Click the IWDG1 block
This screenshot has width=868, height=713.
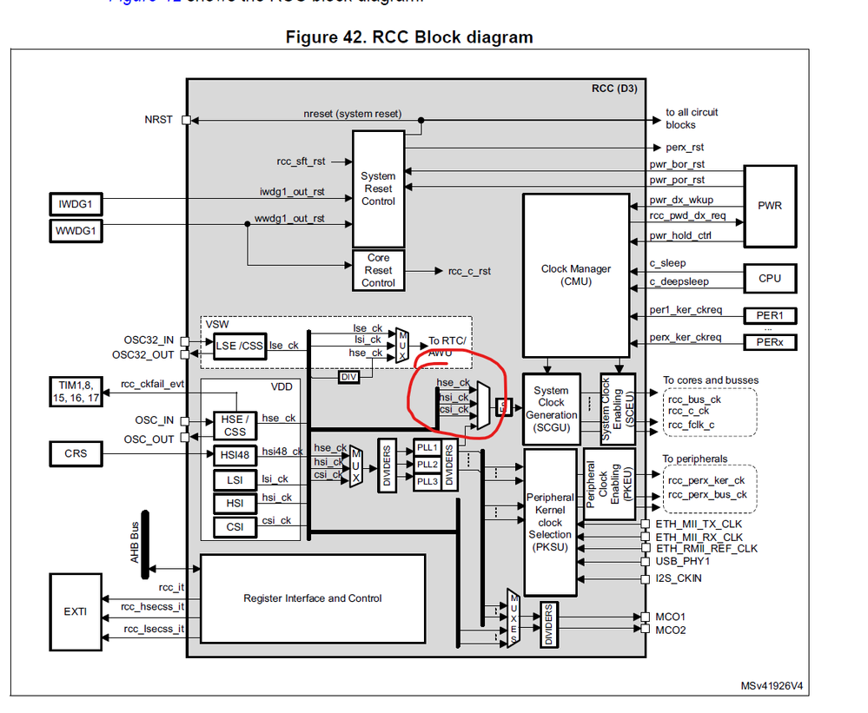(x=76, y=205)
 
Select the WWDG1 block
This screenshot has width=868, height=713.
(x=76, y=231)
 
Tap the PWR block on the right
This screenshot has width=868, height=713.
(x=769, y=206)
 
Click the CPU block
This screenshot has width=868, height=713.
(x=769, y=278)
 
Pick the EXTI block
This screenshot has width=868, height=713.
(x=76, y=611)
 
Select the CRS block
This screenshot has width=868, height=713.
(x=76, y=453)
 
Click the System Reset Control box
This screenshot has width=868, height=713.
(x=378, y=188)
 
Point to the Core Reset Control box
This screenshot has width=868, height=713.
(x=378, y=270)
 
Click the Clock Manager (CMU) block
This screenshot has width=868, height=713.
(x=575, y=274)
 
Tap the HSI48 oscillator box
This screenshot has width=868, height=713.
(x=234, y=454)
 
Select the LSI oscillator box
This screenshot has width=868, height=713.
(x=234, y=479)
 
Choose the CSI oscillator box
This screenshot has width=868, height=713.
(x=234, y=526)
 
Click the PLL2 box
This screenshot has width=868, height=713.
(x=427, y=465)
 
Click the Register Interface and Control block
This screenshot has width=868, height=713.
(x=312, y=598)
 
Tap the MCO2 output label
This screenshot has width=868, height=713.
(x=670, y=630)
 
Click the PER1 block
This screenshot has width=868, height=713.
(x=769, y=316)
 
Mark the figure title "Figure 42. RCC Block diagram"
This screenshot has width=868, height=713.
(x=408, y=37)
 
